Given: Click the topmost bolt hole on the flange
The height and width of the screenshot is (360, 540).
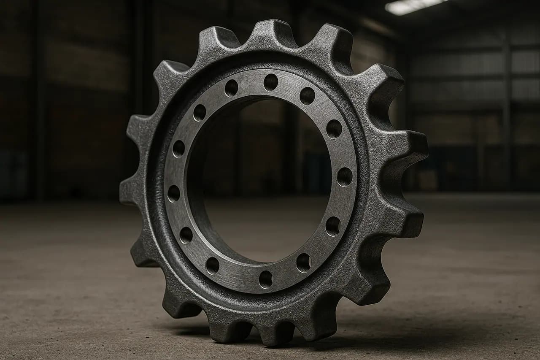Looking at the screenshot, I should [x=271, y=82].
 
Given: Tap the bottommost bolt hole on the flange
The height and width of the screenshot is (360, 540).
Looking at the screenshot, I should [x=265, y=279].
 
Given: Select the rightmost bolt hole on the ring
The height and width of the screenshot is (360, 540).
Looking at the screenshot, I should [x=345, y=176].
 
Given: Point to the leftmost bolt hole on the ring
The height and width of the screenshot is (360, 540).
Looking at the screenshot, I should [x=174, y=193].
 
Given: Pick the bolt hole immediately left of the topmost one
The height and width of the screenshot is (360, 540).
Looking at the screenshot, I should [x=231, y=88].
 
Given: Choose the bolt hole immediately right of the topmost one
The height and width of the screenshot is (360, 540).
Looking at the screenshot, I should [x=307, y=96].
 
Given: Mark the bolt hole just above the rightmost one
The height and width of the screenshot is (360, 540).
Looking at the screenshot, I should [x=334, y=128].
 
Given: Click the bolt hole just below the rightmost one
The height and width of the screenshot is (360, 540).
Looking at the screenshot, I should [x=333, y=226].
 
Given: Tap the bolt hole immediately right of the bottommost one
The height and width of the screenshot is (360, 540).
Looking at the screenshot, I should [x=303, y=263].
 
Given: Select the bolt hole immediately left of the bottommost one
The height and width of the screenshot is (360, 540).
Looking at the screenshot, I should [x=212, y=265].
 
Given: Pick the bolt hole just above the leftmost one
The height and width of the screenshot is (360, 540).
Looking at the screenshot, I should [x=178, y=148].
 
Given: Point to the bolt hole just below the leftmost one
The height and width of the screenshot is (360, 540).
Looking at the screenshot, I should [x=186, y=235].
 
